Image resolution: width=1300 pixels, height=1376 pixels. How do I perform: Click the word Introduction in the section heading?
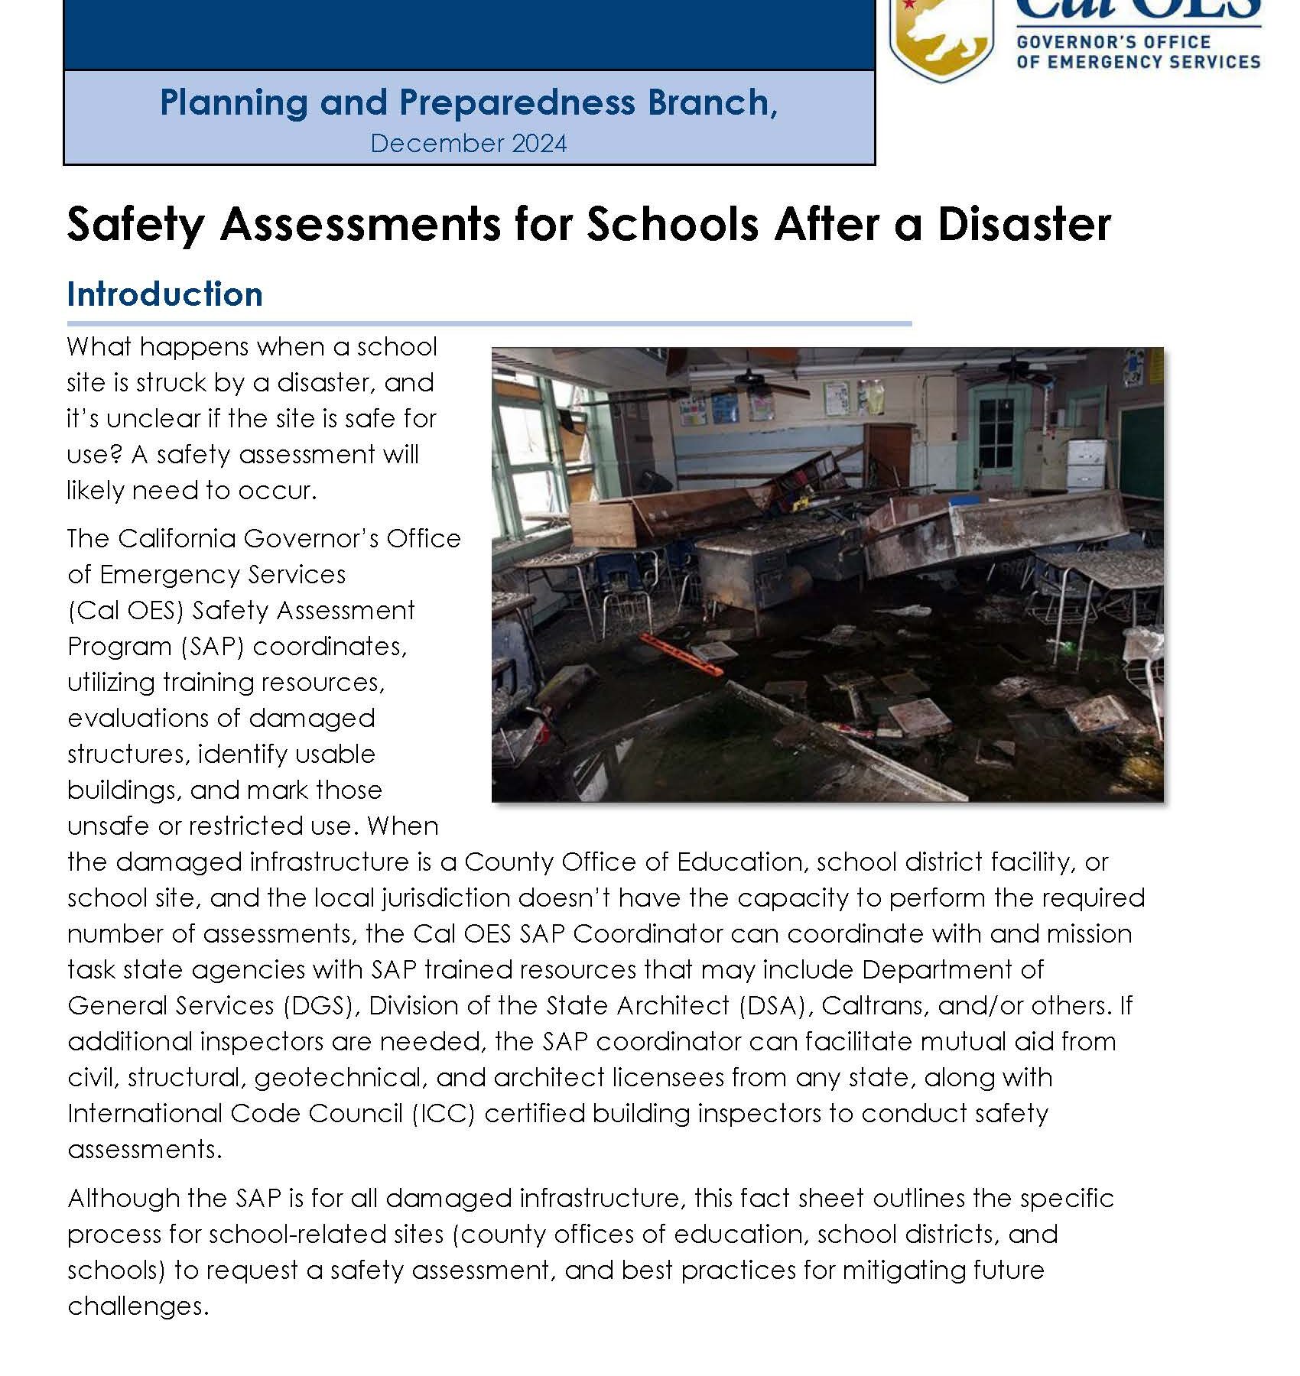(x=165, y=294)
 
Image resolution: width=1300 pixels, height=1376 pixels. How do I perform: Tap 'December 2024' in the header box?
(x=468, y=144)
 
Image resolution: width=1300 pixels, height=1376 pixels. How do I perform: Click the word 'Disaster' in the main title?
(x=1024, y=225)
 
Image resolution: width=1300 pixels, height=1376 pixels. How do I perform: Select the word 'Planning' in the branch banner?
(x=233, y=102)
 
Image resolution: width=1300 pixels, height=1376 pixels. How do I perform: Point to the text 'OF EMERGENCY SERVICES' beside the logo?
(x=1138, y=61)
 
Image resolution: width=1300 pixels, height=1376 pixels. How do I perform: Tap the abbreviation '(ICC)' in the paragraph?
(x=443, y=1113)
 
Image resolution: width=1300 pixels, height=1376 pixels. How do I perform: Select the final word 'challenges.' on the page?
(x=138, y=1306)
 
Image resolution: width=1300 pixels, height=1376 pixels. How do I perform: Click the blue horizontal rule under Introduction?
(x=489, y=324)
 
